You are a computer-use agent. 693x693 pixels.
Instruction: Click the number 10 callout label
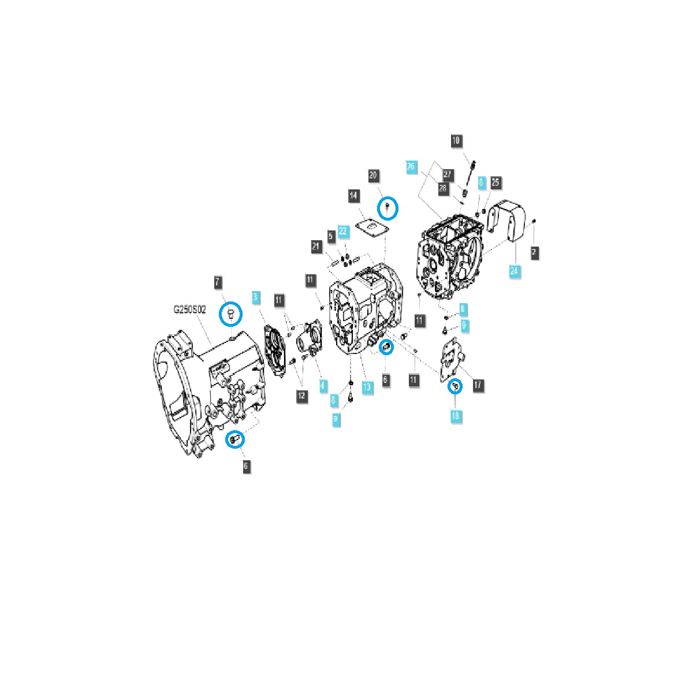click(456, 140)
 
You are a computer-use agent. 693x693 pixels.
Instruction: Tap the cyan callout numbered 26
click(411, 166)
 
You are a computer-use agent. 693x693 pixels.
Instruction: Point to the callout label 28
click(443, 188)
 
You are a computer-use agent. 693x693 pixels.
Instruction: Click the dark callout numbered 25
click(495, 182)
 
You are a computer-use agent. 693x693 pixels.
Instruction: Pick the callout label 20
click(373, 176)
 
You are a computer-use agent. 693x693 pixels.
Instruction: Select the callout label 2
click(534, 252)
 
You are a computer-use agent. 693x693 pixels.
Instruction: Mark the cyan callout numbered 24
click(515, 270)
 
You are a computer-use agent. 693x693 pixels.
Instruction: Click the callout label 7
click(218, 282)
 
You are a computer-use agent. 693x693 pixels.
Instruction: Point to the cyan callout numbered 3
click(256, 298)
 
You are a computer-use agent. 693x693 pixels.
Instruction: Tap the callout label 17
click(478, 385)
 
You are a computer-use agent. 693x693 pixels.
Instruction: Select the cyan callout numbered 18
click(456, 416)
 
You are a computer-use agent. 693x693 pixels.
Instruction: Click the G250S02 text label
click(190, 310)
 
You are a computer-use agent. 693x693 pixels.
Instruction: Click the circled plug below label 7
click(230, 314)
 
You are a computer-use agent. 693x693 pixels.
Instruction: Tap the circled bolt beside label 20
click(388, 207)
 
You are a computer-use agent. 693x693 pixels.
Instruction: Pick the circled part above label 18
click(455, 386)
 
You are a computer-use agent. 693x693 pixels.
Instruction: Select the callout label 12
click(301, 396)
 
